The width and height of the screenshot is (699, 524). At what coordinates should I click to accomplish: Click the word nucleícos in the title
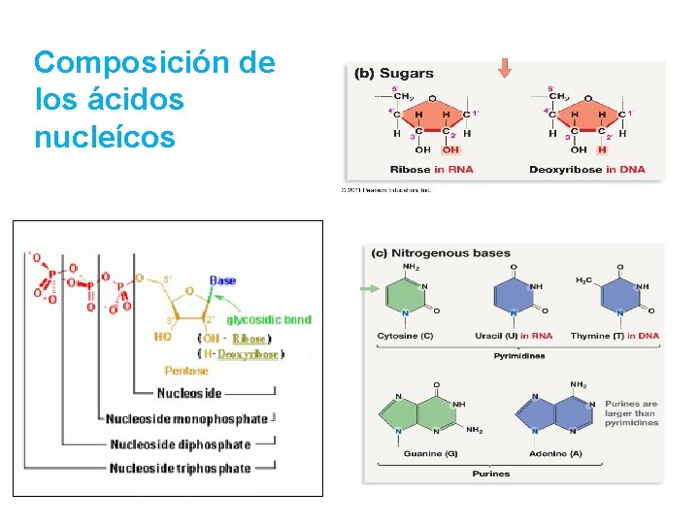[104, 137]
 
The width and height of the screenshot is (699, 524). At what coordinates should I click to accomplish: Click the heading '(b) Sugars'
[393, 73]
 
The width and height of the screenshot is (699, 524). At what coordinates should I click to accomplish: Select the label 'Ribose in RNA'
[432, 170]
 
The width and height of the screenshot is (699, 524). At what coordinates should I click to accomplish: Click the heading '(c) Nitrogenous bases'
[442, 253]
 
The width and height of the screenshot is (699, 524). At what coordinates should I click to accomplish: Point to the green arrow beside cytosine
[370, 288]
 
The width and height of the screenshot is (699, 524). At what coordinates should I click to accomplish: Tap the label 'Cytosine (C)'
[406, 336]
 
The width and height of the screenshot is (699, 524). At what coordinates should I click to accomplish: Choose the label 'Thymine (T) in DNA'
[615, 336]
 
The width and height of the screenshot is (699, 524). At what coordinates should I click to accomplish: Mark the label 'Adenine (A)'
[556, 454]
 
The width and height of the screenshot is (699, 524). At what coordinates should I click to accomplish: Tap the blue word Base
[222, 280]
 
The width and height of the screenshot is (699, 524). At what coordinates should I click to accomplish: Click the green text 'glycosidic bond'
[269, 319]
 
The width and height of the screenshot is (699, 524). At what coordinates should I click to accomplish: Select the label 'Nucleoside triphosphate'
[180, 469]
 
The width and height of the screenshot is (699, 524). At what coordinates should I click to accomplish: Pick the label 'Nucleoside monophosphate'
[186, 419]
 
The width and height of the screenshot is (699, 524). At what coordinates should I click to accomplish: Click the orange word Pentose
[185, 371]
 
